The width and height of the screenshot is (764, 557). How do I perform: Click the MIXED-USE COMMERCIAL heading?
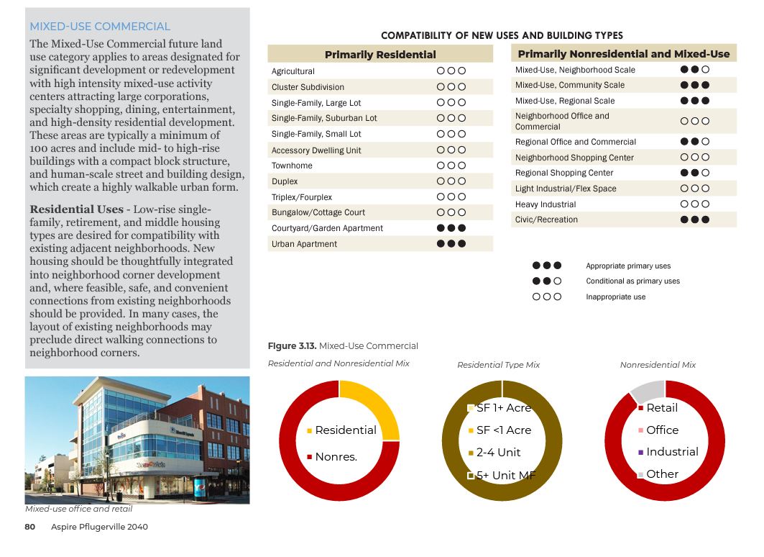[100, 27]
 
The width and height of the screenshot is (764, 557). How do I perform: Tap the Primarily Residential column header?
[380, 55]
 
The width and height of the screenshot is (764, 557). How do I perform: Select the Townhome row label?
[292, 166]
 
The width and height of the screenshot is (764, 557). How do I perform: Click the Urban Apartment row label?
[304, 244]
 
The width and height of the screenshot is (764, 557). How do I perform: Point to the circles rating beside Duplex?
[451, 181]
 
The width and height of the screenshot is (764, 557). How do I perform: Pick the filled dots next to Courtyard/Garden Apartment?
[451, 228]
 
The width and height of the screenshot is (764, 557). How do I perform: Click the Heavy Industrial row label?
[546, 204]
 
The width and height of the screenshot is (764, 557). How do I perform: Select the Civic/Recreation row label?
[546, 219]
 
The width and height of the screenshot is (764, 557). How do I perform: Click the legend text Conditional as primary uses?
[632, 281]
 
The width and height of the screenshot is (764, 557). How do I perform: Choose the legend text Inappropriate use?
[616, 296]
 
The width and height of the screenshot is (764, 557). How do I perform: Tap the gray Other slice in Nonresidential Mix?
[645, 390]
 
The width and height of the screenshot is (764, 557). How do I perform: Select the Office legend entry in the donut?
[662, 430]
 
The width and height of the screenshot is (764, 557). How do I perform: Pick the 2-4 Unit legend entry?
[498, 453]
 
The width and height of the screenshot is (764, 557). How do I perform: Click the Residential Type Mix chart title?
[498, 365]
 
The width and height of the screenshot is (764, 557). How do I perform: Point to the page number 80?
[30, 527]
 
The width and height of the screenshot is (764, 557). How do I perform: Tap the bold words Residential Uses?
[76, 209]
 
